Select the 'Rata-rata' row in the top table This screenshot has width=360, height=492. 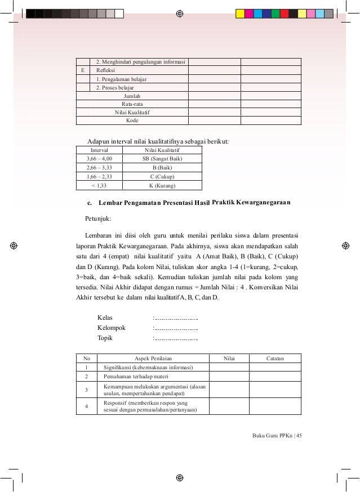[131, 104]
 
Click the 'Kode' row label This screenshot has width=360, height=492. [132, 120]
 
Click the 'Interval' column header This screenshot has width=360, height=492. [100, 151]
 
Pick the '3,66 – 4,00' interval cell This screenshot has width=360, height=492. [100, 159]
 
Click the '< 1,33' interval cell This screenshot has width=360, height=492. [100, 185]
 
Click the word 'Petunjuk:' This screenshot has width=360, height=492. [98, 217]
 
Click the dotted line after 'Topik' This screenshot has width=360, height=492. [176, 338]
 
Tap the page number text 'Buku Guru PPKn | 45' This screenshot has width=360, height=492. [278, 436]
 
